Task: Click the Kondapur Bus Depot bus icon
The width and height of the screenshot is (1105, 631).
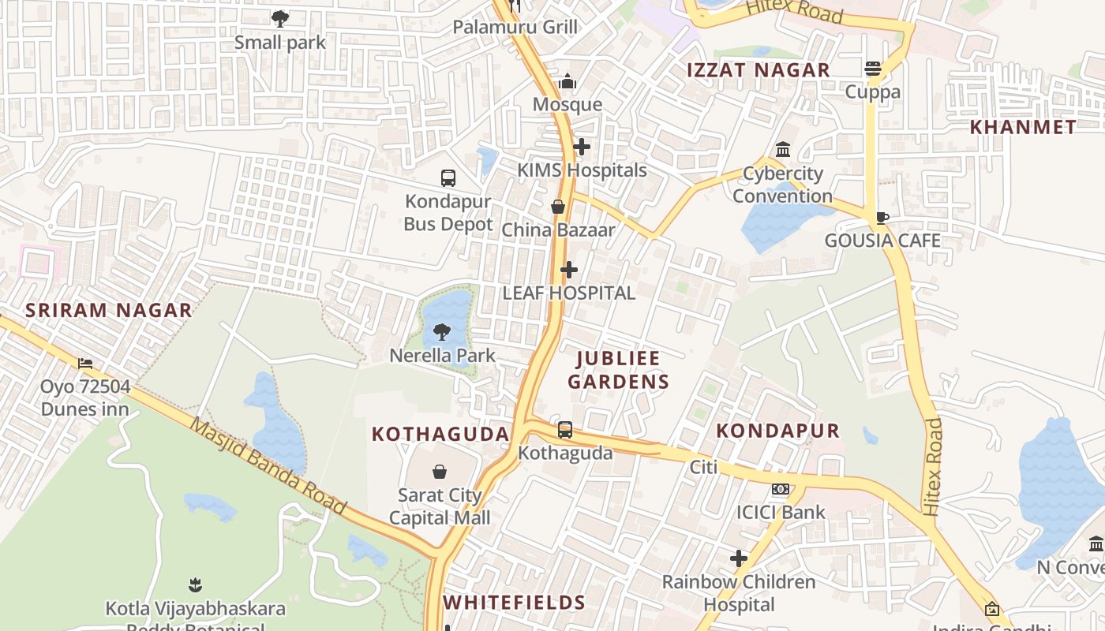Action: [x=448, y=178]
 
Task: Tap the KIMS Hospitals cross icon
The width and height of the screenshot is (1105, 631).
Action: [x=582, y=147]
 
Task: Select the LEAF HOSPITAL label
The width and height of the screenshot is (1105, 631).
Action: [x=568, y=293]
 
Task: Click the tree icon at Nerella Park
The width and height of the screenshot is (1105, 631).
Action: [x=442, y=332]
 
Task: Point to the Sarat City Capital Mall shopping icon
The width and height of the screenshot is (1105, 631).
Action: [x=440, y=472]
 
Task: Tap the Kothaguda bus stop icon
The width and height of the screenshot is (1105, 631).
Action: [x=565, y=430]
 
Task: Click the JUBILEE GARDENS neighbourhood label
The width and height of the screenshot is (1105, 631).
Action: [x=623, y=370]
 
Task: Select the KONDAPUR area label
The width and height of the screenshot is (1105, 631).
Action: [x=777, y=431]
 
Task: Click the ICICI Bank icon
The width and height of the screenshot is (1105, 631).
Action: [x=781, y=489]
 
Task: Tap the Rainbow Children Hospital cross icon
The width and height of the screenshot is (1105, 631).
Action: [x=739, y=558]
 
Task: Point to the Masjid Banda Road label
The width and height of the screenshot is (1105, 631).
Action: [x=268, y=466]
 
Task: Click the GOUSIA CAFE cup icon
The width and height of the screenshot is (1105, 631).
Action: [x=882, y=218]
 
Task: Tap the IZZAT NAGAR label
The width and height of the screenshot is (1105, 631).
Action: [x=758, y=70]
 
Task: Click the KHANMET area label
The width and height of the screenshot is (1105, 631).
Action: [x=1022, y=127]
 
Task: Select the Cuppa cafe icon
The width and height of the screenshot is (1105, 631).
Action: [x=873, y=69]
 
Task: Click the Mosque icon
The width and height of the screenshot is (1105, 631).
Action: [x=567, y=82]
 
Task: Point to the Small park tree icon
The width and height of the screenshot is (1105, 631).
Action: [x=279, y=18]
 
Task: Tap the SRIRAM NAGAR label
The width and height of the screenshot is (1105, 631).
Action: [x=108, y=310]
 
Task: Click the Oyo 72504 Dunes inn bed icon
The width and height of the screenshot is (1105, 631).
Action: [x=85, y=364]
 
